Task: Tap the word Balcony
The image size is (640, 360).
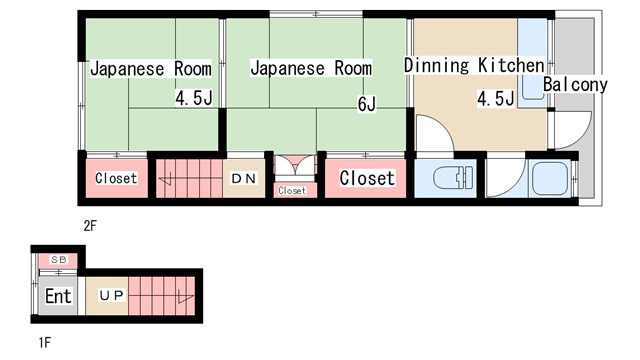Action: (x=575, y=85)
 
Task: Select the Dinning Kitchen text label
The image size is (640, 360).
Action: (x=473, y=65)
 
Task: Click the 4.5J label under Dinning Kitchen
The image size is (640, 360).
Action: (x=495, y=98)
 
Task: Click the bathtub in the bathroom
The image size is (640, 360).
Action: (x=549, y=179)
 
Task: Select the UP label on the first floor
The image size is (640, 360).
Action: (x=110, y=295)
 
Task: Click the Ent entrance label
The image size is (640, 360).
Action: (x=58, y=296)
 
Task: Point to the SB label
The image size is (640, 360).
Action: (x=58, y=261)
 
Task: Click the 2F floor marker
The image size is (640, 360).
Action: (x=89, y=225)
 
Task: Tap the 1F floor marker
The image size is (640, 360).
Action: (x=44, y=342)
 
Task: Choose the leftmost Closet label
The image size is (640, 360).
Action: (x=116, y=179)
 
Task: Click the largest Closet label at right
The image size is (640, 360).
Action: (x=367, y=179)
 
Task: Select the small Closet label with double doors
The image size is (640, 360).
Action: (x=292, y=190)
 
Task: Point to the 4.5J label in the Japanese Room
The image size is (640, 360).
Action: (x=192, y=98)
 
